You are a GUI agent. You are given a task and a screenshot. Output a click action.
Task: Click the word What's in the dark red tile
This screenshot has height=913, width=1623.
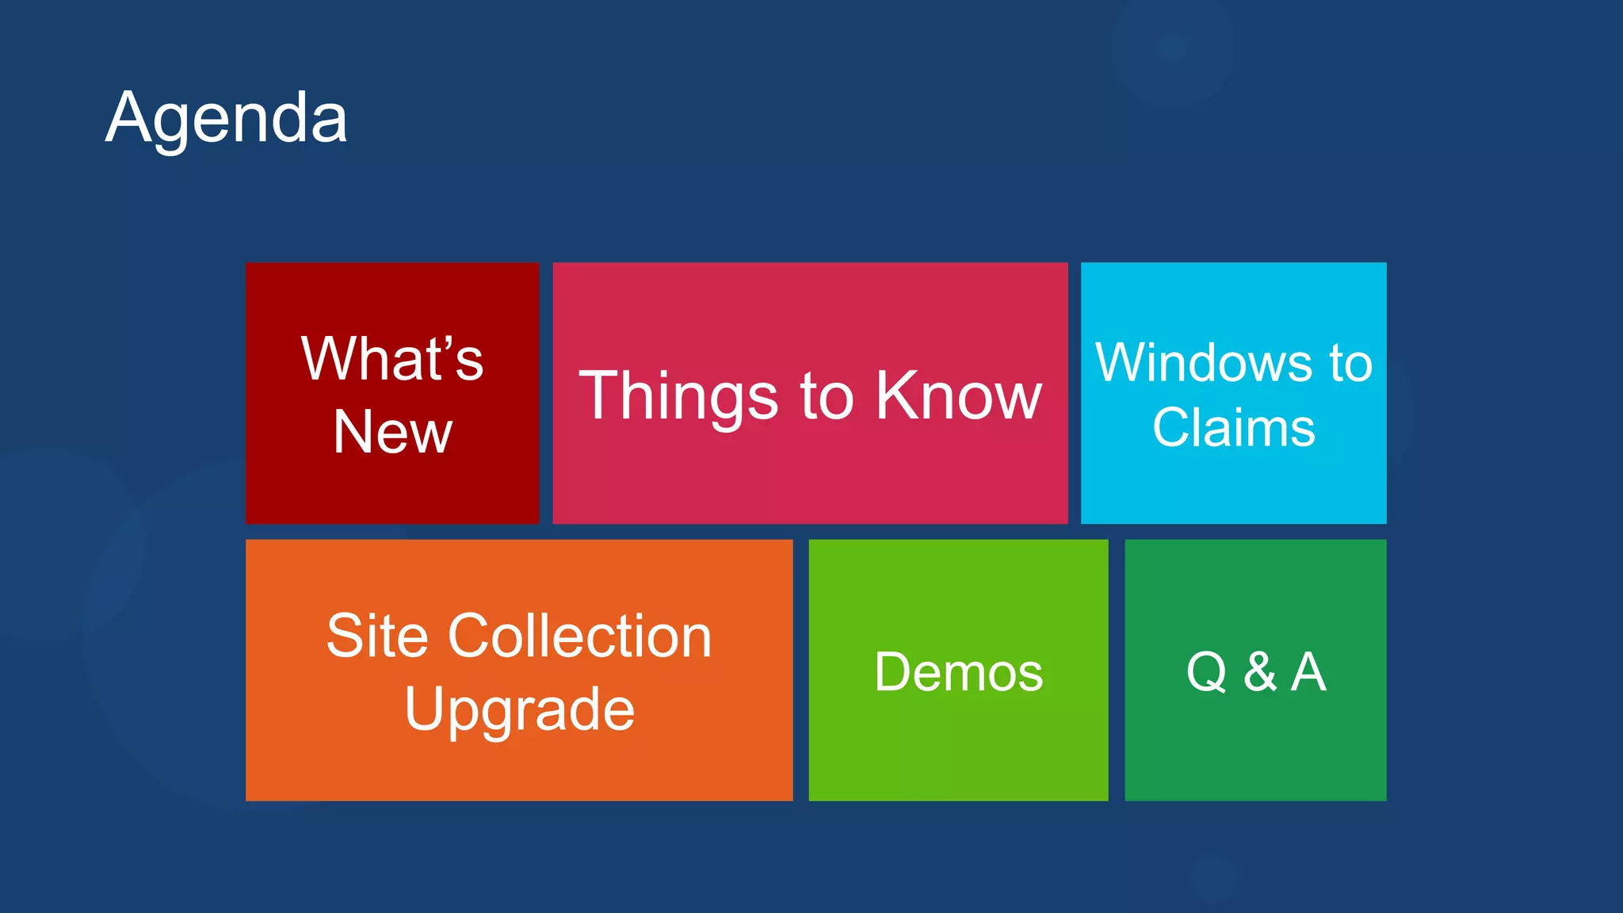(391, 359)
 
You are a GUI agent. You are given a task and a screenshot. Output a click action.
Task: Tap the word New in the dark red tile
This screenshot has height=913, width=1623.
(392, 432)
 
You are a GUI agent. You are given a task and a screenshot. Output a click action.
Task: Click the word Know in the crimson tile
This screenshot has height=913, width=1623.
(958, 395)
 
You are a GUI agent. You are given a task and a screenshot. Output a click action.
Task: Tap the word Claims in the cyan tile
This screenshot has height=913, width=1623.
(1233, 428)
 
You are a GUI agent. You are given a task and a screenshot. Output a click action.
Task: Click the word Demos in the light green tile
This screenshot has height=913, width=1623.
(958, 672)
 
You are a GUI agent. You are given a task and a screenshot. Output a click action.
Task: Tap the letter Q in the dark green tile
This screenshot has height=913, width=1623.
(1207, 672)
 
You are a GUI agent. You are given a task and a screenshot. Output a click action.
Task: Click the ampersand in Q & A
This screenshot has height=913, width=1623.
(1260, 672)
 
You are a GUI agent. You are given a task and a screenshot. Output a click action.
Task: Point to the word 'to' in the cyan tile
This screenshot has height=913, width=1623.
(1350, 364)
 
